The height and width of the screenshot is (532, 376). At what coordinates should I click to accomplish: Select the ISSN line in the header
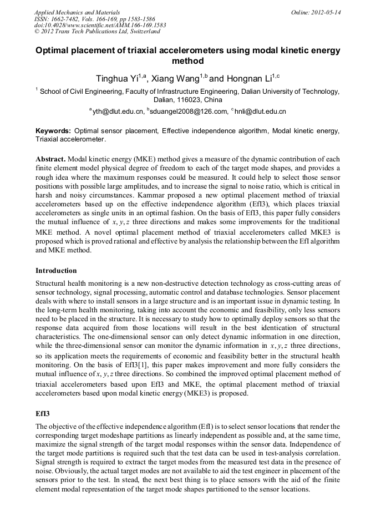(x=94, y=18)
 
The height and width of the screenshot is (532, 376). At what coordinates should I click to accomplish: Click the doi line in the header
(x=100, y=25)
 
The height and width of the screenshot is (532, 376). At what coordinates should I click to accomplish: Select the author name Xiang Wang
(x=175, y=79)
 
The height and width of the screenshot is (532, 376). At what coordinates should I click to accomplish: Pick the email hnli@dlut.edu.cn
(x=260, y=112)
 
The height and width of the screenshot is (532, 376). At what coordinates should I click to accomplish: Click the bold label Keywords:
(x=53, y=131)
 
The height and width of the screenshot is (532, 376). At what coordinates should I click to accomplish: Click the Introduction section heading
(x=56, y=271)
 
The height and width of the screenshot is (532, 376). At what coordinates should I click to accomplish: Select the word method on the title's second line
(x=188, y=61)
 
